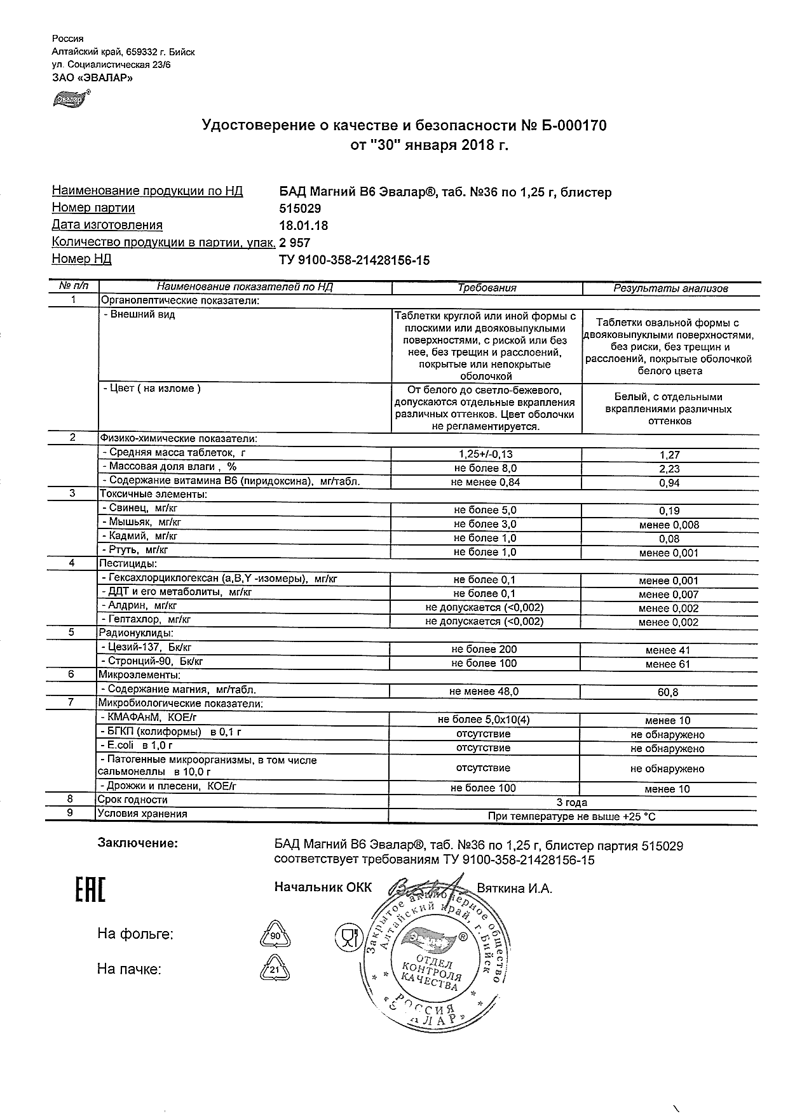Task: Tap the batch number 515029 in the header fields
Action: pos(300,208)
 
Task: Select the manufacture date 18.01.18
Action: pos(304,225)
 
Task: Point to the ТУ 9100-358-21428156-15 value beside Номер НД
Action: pos(354,260)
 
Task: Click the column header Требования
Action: pos(487,288)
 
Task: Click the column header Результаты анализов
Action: pos(670,288)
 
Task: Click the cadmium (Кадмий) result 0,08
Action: pos(669,539)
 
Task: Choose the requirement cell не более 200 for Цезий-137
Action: pos(484,649)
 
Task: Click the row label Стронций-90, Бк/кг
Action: pos(155,661)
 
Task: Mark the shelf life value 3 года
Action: pos(571,802)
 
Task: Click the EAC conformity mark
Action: pos(90,890)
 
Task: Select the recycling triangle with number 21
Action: pos(275,970)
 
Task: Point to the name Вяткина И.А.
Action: pos(514,889)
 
